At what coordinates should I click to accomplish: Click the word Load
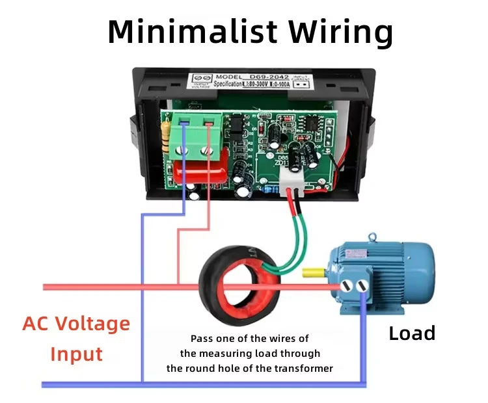coord(411,333)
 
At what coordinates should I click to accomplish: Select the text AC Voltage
coord(77,323)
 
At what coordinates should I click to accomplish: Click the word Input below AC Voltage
coord(77,354)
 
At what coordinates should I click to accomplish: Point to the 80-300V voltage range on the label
coord(239,85)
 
